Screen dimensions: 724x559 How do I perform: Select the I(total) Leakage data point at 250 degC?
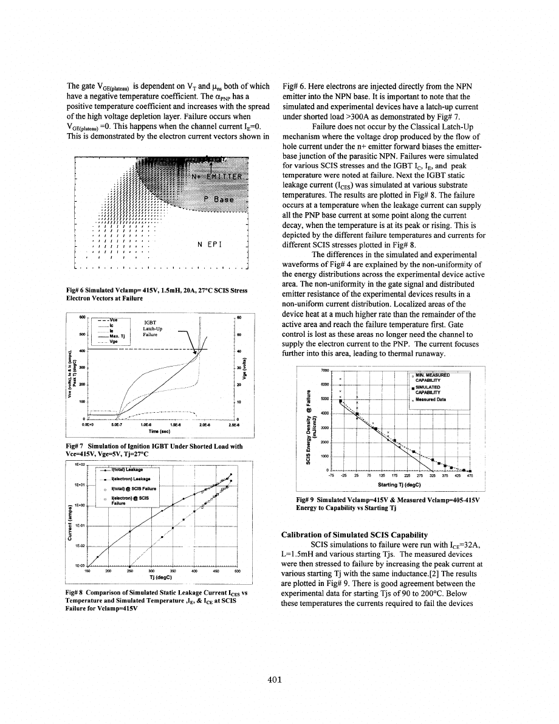(x=130, y=531)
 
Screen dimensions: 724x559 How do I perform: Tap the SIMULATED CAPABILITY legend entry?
(x=431, y=389)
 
